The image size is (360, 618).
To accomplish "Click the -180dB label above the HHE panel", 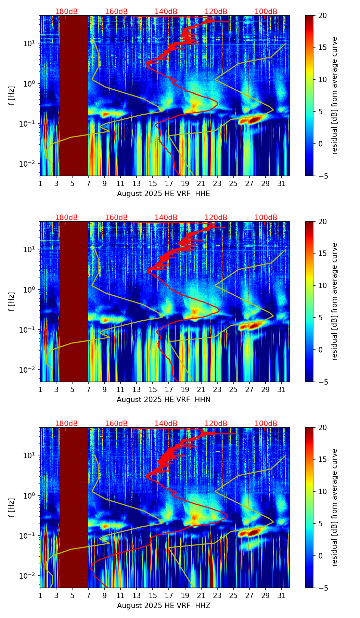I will (65, 12).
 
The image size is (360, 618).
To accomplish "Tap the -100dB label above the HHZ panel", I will (265, 424).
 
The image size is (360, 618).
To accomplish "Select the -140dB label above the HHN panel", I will (165, 218).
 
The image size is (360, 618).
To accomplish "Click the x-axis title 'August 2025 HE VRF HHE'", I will (164, 194).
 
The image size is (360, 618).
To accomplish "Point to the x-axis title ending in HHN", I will (164, 400).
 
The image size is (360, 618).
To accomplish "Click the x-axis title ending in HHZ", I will (164, 606).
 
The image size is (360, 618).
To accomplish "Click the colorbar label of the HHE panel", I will (335, 95).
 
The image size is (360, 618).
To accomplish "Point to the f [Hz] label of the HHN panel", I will (12, 301).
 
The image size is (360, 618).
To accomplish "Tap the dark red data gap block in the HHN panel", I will (74, 301).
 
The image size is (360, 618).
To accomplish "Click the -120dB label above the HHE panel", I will (215, 12).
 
